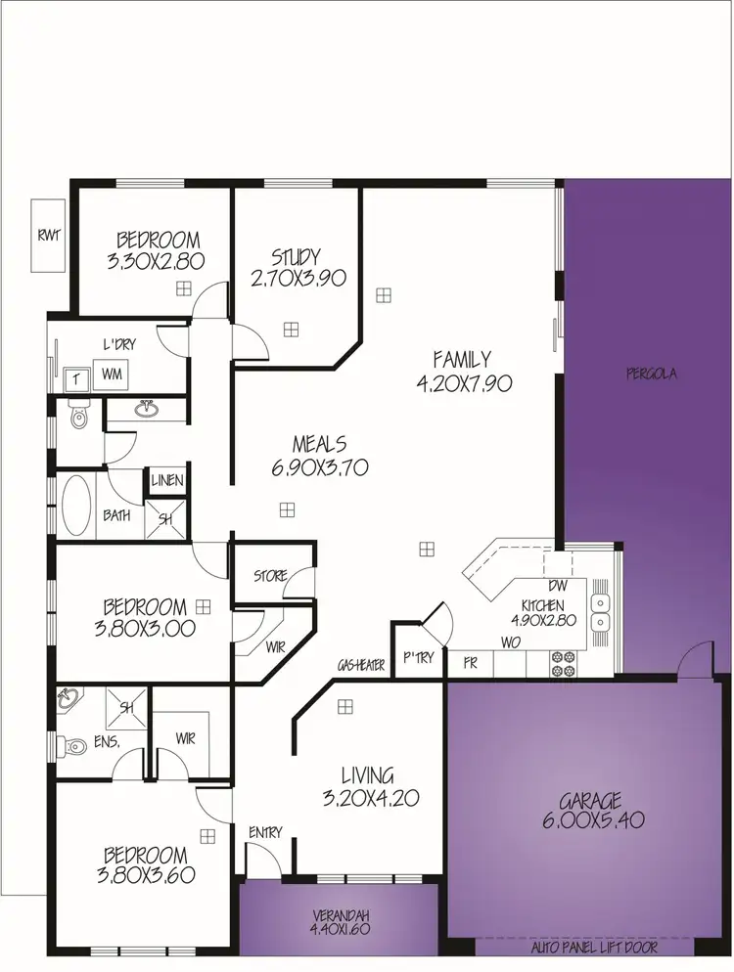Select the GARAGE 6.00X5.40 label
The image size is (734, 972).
click(592, 811)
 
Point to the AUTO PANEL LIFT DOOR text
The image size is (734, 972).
click(593, 948)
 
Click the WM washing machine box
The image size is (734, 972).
click(111, 374)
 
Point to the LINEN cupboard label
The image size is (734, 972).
click(167, 481)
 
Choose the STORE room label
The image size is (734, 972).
click(270, 576)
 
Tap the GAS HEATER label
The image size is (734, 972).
click(361, 664)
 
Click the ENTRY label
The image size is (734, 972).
click(265, 832)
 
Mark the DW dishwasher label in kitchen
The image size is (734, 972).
click(559, 586)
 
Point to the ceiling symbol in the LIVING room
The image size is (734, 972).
click(344, 707)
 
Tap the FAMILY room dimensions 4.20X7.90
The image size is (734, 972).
click(464, 383)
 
